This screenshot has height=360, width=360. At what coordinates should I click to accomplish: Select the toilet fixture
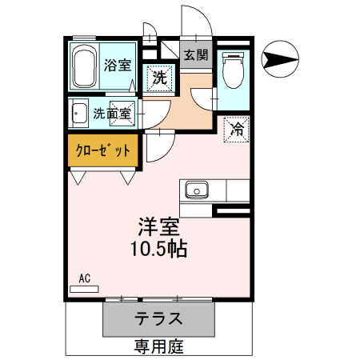click(233, 71)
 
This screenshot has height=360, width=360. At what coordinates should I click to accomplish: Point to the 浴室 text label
click(118, 66)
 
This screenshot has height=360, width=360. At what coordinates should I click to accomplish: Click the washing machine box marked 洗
click(160, 78)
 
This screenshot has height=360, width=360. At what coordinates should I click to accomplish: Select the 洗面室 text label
click(112, 114)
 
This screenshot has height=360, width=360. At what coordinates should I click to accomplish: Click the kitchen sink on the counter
click(197, 190)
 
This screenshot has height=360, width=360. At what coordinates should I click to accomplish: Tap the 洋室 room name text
click(157, 226)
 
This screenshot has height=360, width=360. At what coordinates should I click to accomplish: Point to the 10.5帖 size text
click(158, 249)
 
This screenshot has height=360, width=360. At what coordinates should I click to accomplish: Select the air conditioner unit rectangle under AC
click(85, 288)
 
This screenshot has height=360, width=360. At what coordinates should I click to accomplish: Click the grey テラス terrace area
click(158, 318)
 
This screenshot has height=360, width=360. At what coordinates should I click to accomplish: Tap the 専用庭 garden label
click(158, 346)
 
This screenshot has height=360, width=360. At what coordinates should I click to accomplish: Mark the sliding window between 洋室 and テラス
click(158, 298)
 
